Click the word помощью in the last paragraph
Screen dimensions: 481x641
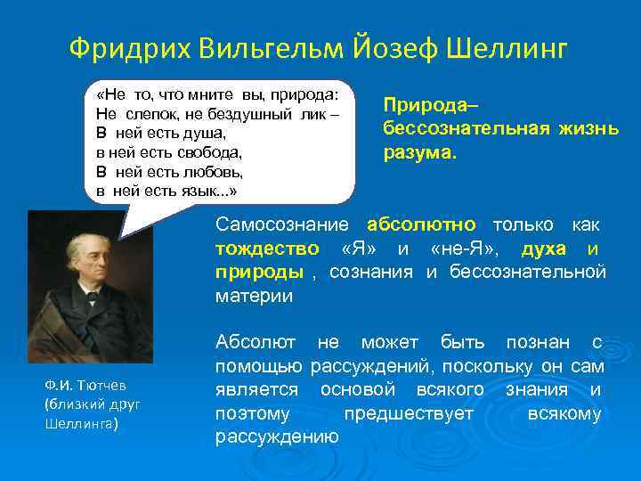pyautogui.click(x=258, y=366)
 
